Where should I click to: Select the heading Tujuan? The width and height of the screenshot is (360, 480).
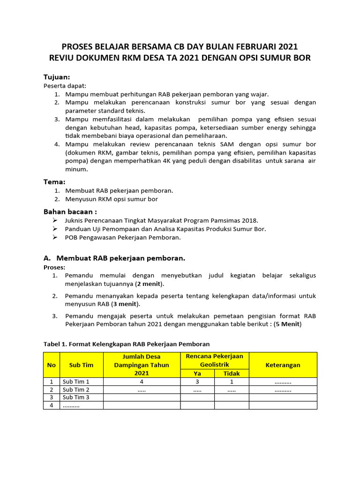click(57, 76)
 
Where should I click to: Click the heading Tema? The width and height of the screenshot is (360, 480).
click(54, 181)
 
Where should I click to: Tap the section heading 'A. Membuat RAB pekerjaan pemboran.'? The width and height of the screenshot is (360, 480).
click(114, 258)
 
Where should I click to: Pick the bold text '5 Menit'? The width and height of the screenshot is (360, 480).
click(289, 324)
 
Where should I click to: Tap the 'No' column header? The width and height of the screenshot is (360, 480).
click(51, 365)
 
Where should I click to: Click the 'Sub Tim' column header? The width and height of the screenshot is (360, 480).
click(81, 365)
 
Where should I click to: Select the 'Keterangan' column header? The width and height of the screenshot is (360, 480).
click(283, 365)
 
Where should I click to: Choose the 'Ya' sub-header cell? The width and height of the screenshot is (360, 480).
click(197, 373)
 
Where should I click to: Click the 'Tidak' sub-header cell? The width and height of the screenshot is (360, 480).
click(232, 373)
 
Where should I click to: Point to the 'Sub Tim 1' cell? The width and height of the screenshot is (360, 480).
click(76, 382)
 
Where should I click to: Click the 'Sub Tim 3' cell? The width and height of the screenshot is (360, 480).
click(76, 397)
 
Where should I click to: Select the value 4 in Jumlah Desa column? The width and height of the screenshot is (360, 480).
click(142, 382)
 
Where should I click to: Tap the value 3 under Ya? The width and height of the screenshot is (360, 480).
click(197, 382)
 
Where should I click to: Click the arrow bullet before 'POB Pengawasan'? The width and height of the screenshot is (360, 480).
click(55, 237)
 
